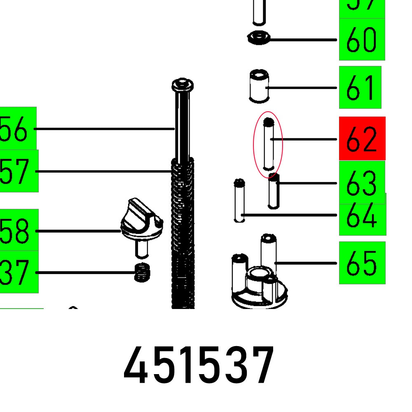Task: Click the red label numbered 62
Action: tap(362, 138)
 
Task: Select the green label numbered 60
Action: tap(362, 40)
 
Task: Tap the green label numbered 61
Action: tap(360, 87)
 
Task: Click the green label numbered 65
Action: tap(362, 263)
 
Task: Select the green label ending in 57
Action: tap(19, 171)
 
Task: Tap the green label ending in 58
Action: tap(19, 230)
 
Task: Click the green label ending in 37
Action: tap(19, 272)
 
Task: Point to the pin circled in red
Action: tap(268, 144)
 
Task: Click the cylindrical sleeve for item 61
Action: tap(259, 86)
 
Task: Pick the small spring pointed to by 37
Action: tap(141, 272)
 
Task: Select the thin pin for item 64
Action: tap(239, 201)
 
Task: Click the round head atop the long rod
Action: tap(183, 85)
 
